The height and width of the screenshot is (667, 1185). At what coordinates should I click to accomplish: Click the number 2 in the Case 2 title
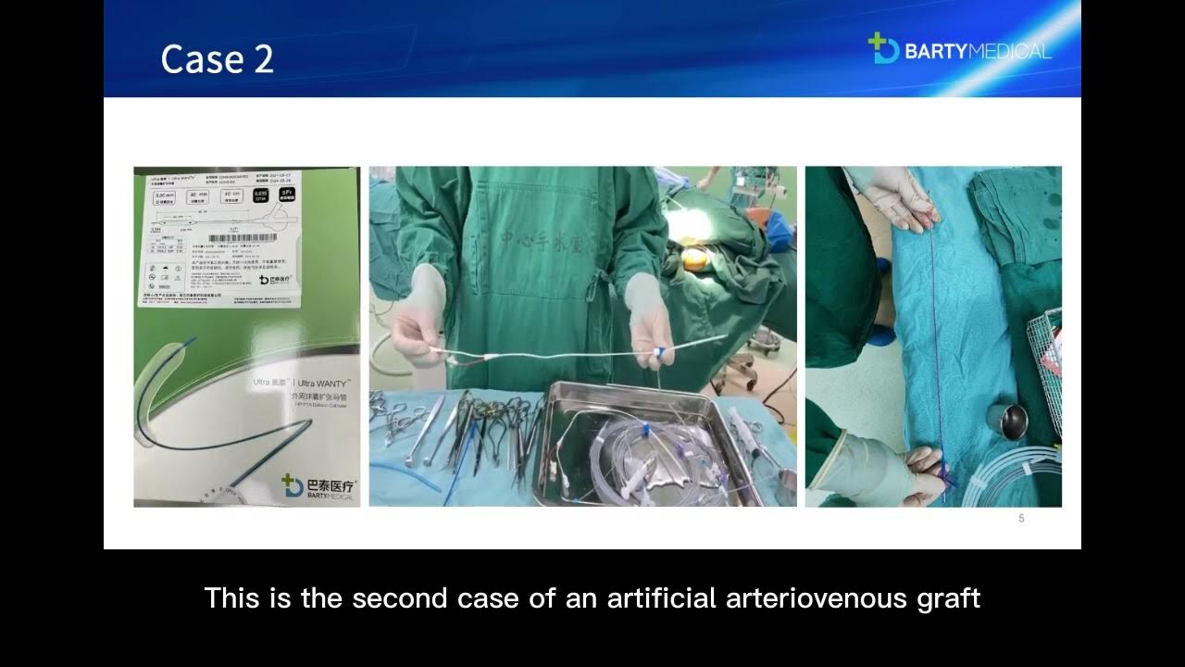click(260, 59)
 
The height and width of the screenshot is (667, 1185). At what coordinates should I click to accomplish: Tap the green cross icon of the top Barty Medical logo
click(882, 48)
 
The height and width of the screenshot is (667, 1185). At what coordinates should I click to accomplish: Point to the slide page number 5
click(1021, 519)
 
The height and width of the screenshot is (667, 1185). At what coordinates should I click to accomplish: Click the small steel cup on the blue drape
click(1006, 419)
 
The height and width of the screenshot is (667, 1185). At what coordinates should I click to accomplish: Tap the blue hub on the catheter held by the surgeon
click(659, 353)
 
